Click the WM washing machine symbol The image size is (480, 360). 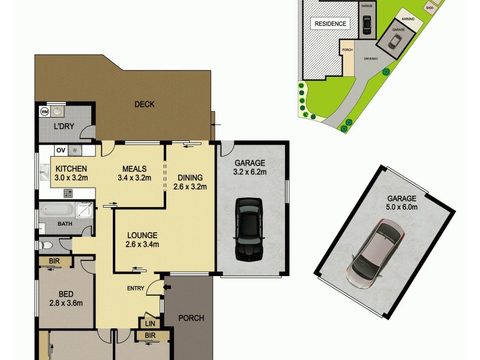[44, 112]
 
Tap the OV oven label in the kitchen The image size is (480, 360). [60, 150]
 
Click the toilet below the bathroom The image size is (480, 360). [47, 245]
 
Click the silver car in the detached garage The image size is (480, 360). [376, 254]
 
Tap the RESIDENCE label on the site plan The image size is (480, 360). [331, 24]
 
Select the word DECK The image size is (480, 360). [144, 104]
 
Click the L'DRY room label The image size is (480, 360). [63, 127]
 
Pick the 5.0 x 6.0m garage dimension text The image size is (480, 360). [401, 207]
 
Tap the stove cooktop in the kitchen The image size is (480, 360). [68, 193]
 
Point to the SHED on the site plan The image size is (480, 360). [430, 8]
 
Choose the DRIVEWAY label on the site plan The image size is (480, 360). [371, 58]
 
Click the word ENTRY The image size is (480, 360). [135, 289]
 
